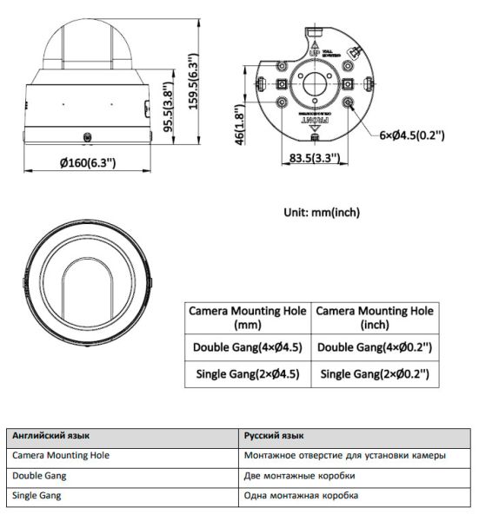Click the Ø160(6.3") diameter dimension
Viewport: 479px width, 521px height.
(87, 163)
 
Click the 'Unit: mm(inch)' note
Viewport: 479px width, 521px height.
(322, 212)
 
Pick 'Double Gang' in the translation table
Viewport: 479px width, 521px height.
(39, 476)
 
